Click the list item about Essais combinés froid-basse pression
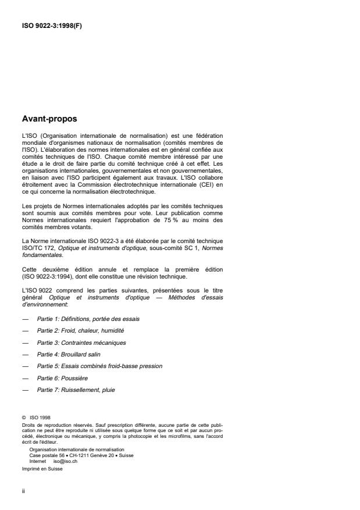(99, 366)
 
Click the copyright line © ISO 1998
(35, 416)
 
